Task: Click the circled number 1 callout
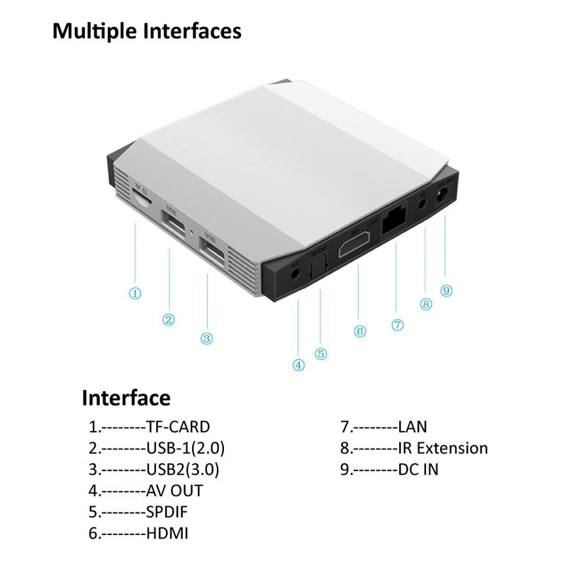135,293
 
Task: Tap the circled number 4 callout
298,365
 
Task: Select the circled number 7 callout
397,325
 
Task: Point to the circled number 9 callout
446,290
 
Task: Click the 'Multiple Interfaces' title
147,32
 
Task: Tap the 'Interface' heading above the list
126,397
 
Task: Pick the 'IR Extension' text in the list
442,448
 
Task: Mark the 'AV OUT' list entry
174,490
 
